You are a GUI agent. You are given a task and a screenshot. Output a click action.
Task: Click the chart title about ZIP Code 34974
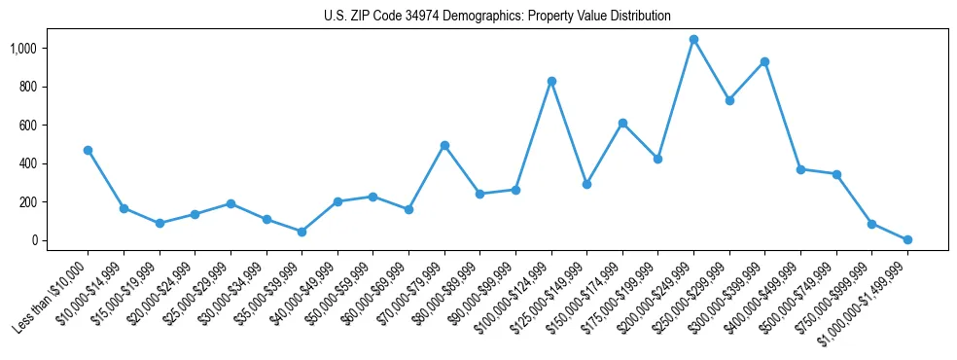pos(497,16)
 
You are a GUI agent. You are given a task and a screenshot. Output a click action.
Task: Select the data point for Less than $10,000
pos(89,150)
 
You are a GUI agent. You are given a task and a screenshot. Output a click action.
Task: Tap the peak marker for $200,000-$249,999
pos(693,40)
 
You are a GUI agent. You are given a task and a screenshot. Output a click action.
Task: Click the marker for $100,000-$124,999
pos(551,81)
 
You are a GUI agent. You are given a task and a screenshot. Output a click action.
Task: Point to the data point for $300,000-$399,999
pos(765,61)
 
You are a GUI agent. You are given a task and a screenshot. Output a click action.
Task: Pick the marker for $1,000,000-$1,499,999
pos(907,239)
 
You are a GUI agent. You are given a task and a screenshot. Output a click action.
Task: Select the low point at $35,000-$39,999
pos(301,232)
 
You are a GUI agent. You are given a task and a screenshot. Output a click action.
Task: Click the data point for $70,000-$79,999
pos(444,145)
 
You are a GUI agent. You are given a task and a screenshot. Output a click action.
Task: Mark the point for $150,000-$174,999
pos(622,123)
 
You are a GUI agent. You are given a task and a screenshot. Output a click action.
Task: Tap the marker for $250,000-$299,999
pos(729,100)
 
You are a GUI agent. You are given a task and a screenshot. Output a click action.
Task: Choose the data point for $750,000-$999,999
pos(871,224)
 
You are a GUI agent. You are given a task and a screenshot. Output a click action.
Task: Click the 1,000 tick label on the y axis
pos(20,49)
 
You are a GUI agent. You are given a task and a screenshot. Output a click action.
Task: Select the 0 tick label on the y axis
pos(32,240)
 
